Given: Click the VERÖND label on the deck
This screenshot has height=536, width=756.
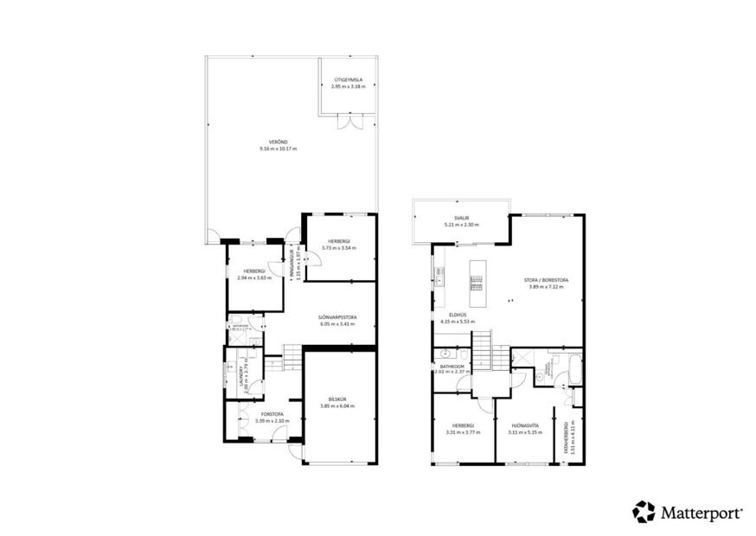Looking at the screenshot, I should pos(277,141).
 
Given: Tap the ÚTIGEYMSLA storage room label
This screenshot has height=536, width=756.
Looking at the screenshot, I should pos(348,80).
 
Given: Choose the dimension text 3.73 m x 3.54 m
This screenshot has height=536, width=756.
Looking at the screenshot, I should pos(338,248).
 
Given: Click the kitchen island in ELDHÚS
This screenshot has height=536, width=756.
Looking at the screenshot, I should pos(476,279).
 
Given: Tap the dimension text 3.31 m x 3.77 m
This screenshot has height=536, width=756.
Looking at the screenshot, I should pos(463,431).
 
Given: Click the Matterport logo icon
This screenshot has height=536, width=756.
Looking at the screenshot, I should pos(644,512).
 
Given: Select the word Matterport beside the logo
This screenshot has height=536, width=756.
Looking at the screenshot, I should pos(702,513).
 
